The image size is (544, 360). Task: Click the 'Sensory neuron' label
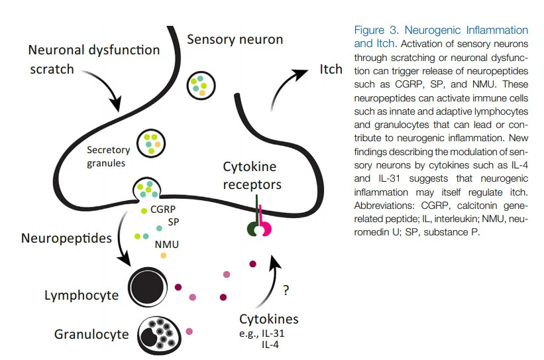[235, 40]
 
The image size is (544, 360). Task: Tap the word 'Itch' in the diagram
[331, 70]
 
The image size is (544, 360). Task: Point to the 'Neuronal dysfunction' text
[94, 50]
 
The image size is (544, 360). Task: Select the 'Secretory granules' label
[108, 156]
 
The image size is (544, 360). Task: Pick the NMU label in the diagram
[166, 244]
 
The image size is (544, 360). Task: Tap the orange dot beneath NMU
[164, 255]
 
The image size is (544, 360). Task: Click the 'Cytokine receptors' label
[252, 176]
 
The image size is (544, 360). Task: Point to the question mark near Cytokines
[286, 290]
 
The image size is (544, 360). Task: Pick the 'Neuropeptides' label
[66, 237]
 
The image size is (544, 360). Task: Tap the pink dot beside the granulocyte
[190, 330]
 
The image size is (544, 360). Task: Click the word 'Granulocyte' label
[91, 334]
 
